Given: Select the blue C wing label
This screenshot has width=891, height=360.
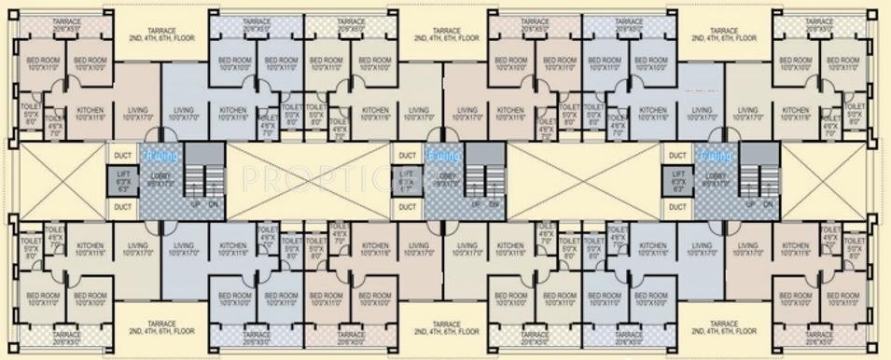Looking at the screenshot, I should tap(715, 155).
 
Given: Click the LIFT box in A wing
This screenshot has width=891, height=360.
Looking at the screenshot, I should tap(122, 180).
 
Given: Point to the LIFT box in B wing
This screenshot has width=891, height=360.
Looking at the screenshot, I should tap(405, 180).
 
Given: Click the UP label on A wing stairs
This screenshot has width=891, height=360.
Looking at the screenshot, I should tap(193, 202).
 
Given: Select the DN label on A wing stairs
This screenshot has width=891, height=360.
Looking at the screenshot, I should tap(213, 202).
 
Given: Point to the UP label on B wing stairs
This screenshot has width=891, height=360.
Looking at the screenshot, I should tap(476, 202).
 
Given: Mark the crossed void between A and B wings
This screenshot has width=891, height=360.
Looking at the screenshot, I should tap(307, 179).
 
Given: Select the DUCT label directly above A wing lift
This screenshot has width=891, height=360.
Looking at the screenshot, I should tap(122, 156).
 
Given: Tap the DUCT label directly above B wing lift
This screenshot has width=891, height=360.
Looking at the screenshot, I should tap(406, 156).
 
